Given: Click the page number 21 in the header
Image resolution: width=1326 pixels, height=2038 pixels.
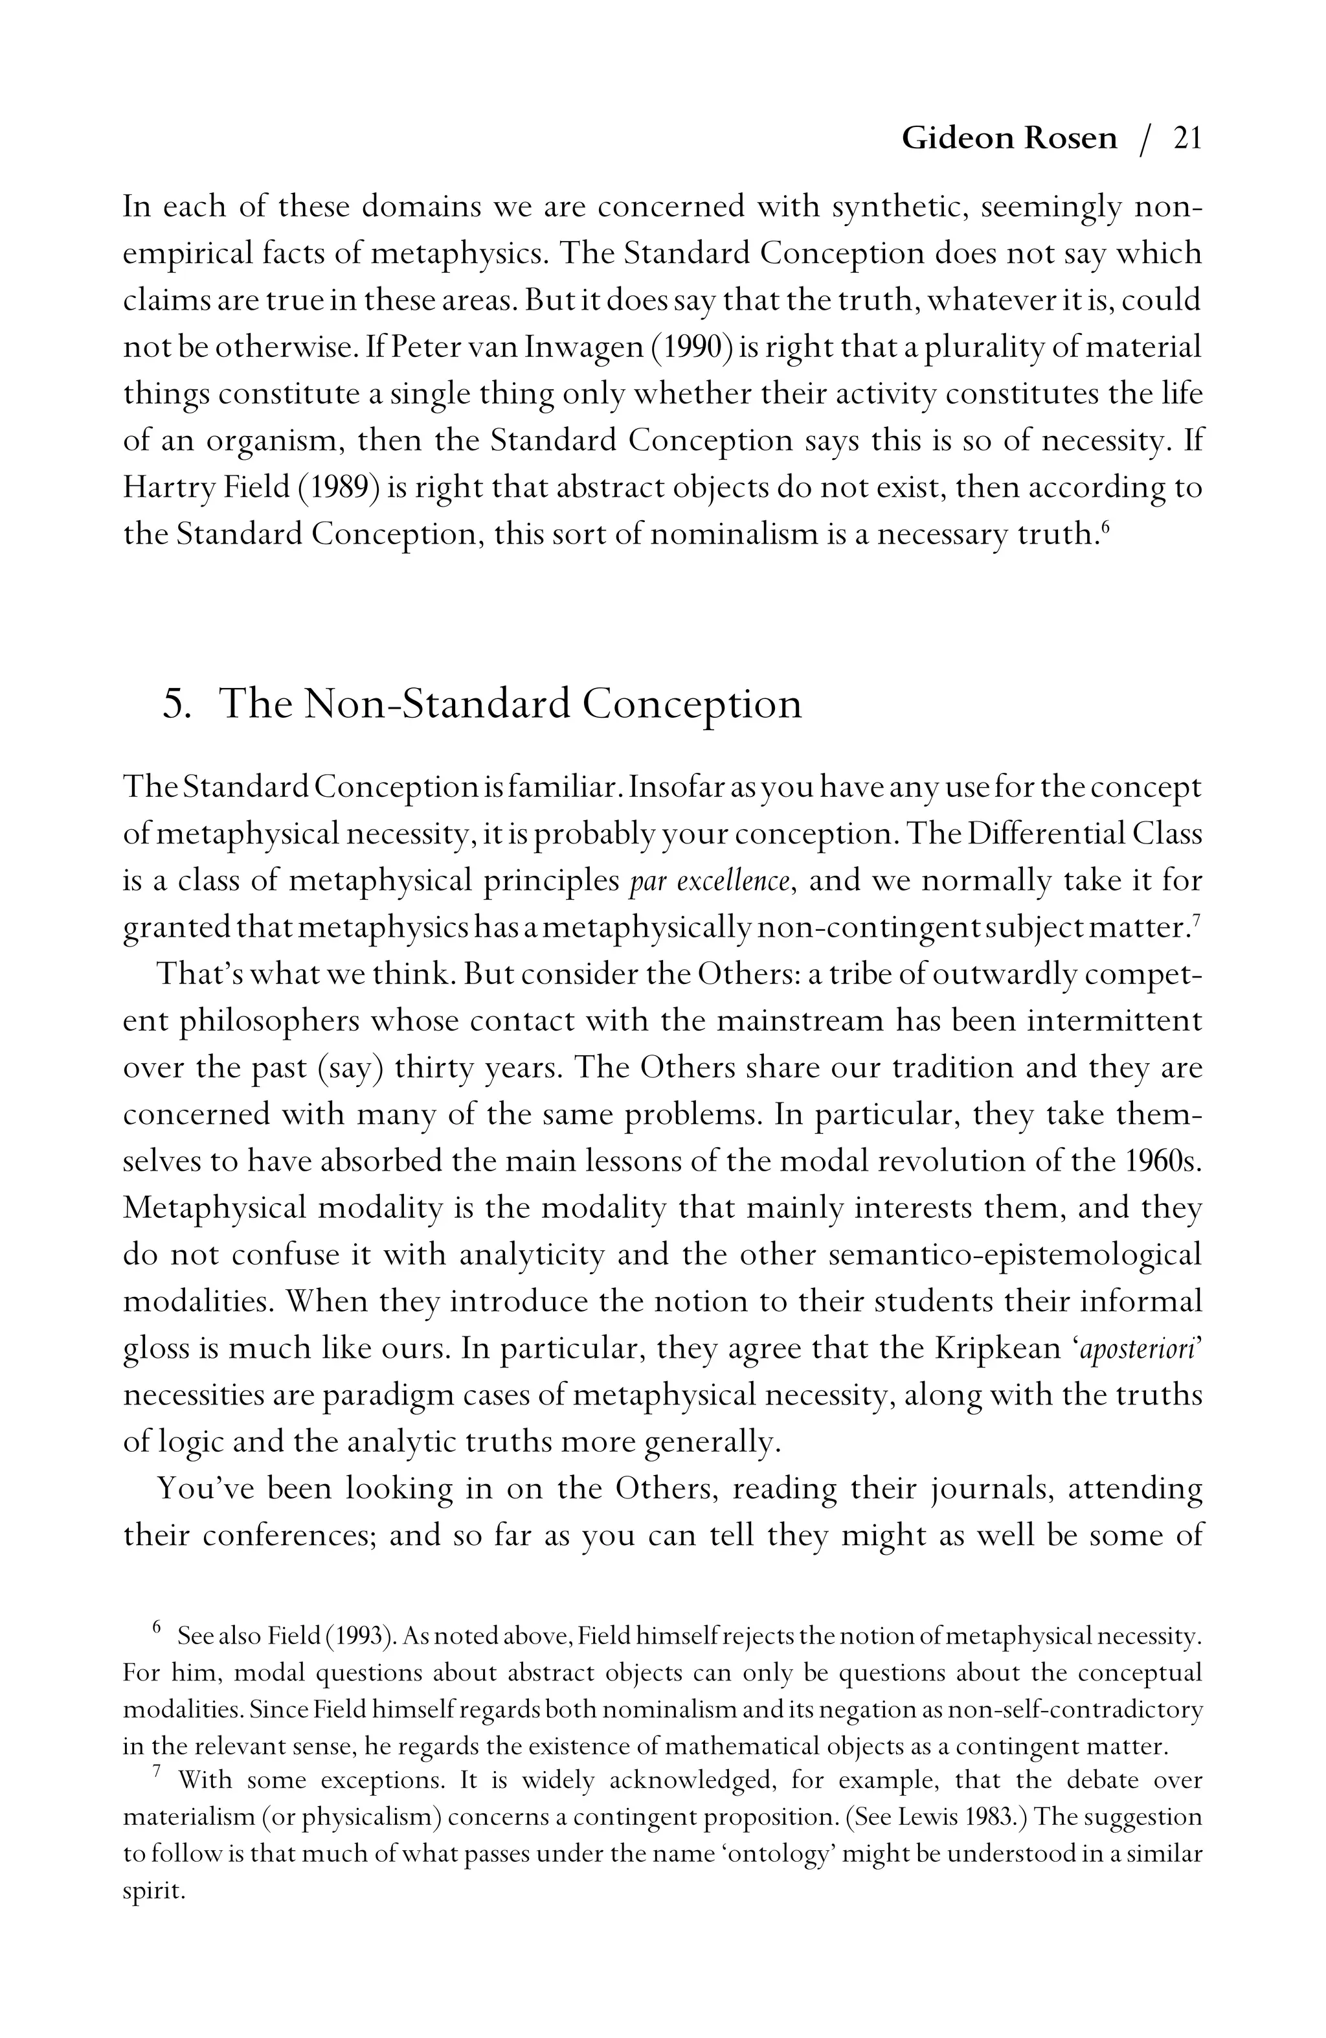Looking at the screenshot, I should tap(1187, 138).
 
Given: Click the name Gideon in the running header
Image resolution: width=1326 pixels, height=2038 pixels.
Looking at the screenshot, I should tap(957, 138).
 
